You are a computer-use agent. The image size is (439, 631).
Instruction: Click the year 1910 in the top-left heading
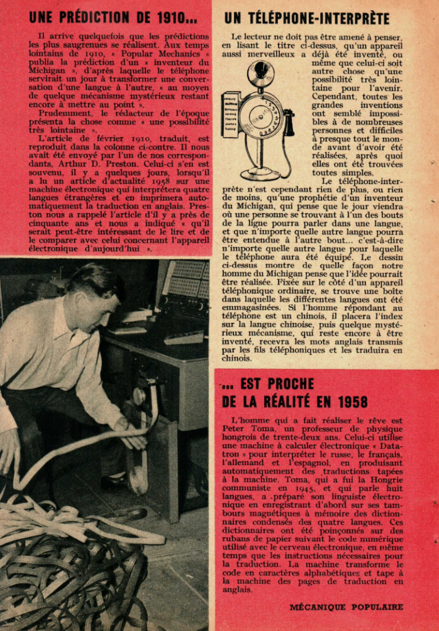[x=169, y=17]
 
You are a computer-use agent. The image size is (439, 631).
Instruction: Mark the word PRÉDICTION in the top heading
[x=107, y=17]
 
